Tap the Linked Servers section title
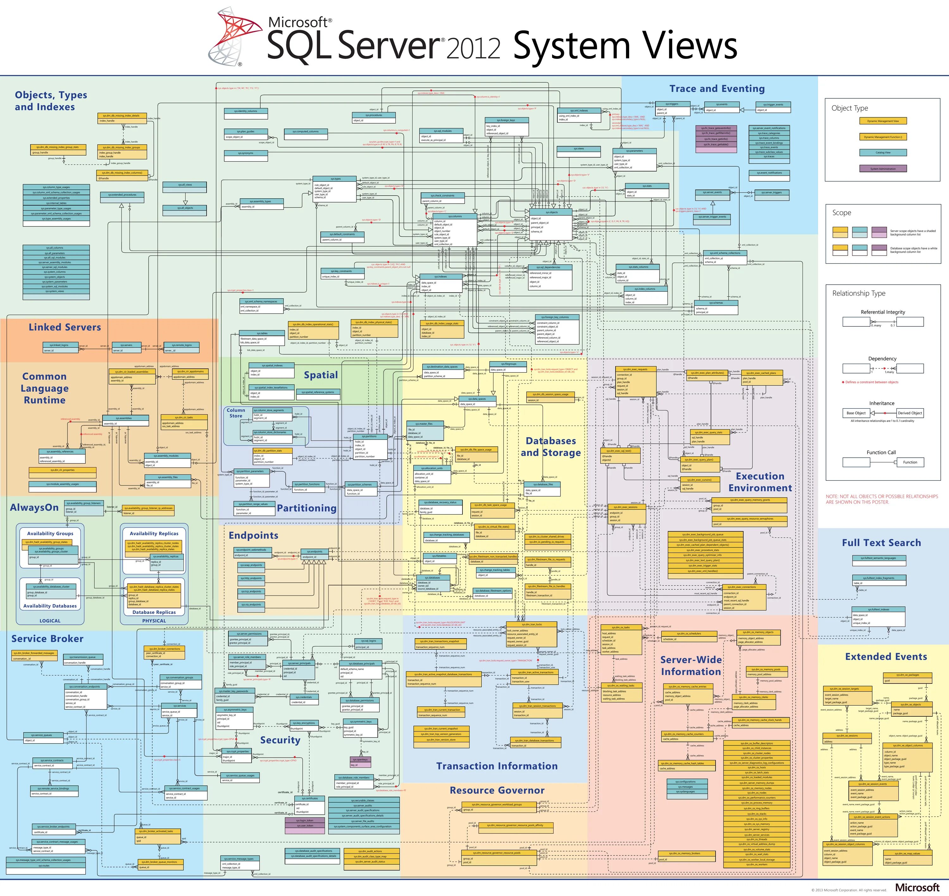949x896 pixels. pos(65,327)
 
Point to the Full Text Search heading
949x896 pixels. pos(881,543)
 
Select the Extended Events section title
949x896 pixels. pos(886,657)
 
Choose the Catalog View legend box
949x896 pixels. pos(883,153)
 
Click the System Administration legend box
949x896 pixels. pos(883,169)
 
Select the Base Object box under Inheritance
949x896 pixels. pos(856,413)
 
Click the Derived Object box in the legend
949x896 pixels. pos(910,413)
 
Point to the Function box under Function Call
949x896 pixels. pos(910,462)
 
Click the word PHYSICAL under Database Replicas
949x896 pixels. pos(154,621)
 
